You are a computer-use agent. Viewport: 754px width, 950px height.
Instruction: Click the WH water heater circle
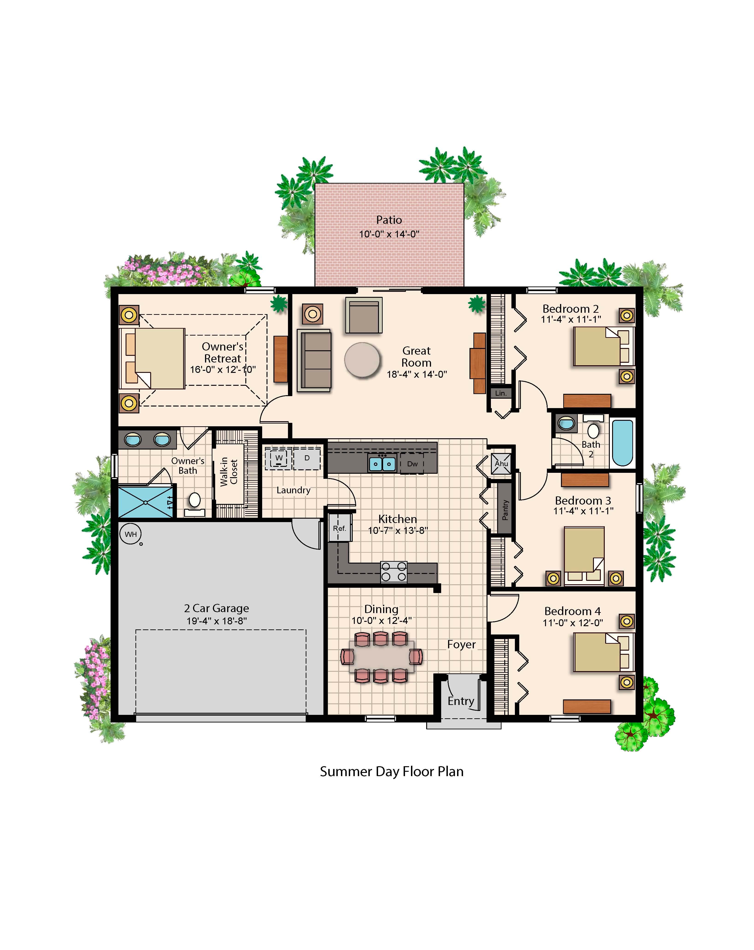point(130,534)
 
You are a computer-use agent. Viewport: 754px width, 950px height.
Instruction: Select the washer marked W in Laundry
point(279,458)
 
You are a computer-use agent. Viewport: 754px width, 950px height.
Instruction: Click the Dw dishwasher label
point(412,464)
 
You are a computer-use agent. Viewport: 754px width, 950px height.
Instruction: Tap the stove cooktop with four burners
point(393,572)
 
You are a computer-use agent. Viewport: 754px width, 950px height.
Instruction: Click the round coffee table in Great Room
point(362,360)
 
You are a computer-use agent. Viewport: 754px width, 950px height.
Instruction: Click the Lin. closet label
point(501,393)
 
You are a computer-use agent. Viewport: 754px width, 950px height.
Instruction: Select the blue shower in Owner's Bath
point(145,501)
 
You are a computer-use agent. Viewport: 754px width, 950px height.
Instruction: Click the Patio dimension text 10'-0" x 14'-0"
point(389,234)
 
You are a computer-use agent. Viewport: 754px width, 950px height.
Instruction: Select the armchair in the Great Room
point(364,315)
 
